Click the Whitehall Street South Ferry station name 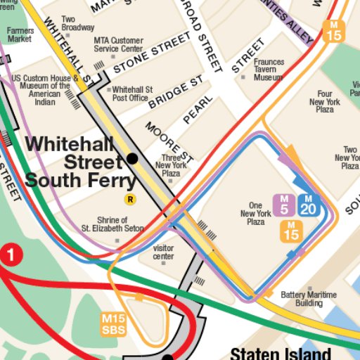[x=80, y=162]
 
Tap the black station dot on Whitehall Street [x=132, y=159]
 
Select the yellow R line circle [x=129, y=200]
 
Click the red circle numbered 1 [x=10, y=255]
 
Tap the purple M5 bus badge [x=284, y=204]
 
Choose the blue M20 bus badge [x=309, y=204]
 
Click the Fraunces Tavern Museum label [x=269, y=70]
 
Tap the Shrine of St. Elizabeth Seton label [x=112, y=224]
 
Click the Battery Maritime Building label [x=309, y=299]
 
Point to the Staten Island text [x=281, y=353]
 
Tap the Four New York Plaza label [x=324, y=102]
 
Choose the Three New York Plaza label [x=172, y=165]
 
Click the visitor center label [x=163, y=252]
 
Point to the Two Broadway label [x=78, y=23]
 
